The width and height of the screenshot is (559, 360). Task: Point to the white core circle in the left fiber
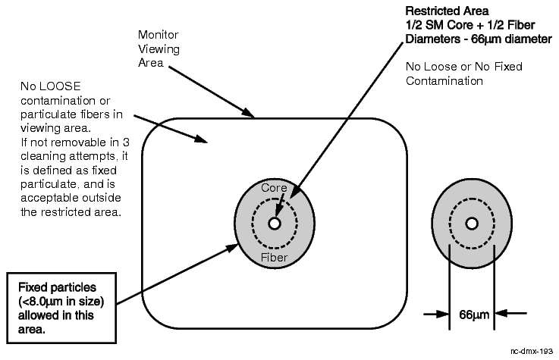click(x=274, y=224)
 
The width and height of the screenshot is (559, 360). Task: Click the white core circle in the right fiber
click(x=472, y=224)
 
